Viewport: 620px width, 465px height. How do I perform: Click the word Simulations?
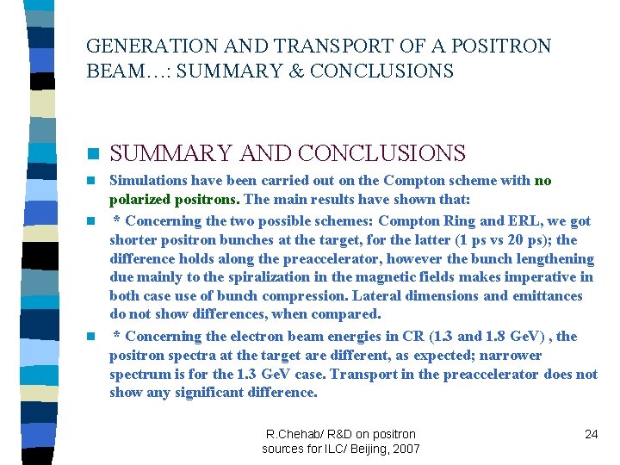[149, 181]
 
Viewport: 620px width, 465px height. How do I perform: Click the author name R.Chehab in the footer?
[294, 434]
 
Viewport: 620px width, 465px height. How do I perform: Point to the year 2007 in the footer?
[405, 449]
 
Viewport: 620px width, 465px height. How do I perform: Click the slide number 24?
[591, 434]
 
